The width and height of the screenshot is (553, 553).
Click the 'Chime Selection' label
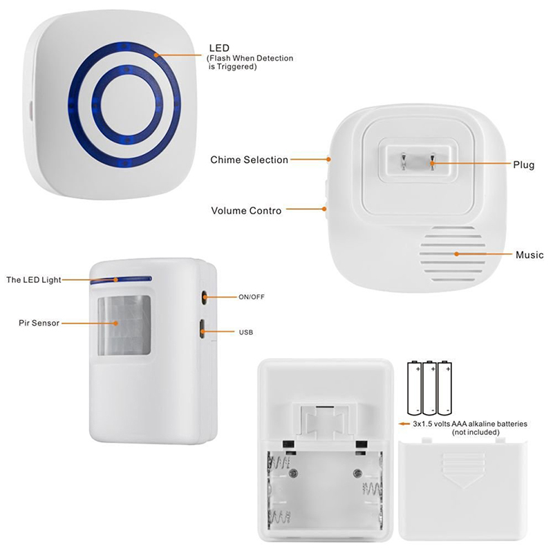pos(249,160)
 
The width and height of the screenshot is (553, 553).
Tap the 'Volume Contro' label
pos(246,211)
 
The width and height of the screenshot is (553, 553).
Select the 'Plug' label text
pos(524,165)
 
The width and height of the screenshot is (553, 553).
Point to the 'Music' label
pos(529,254)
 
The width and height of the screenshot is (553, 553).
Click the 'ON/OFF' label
pos(252,297)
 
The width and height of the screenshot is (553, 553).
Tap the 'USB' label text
pos(246,332)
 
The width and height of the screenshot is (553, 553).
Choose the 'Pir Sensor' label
pos(39,323)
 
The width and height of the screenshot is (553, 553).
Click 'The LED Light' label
pos(34,280)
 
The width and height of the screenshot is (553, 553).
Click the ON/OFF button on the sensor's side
pos(204,297)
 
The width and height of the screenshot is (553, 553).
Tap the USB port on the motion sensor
pos(202,329)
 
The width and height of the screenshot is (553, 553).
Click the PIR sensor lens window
pos(124,325)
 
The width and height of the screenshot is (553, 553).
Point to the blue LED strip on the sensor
pos(120,280)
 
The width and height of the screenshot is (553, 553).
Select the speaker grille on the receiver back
pos(452,254)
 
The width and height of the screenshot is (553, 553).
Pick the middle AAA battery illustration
pos(429,388)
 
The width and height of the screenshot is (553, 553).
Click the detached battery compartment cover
pos(463,490)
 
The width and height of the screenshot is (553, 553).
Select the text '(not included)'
pos(476,433)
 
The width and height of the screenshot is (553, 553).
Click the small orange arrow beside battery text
pos(404,424)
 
